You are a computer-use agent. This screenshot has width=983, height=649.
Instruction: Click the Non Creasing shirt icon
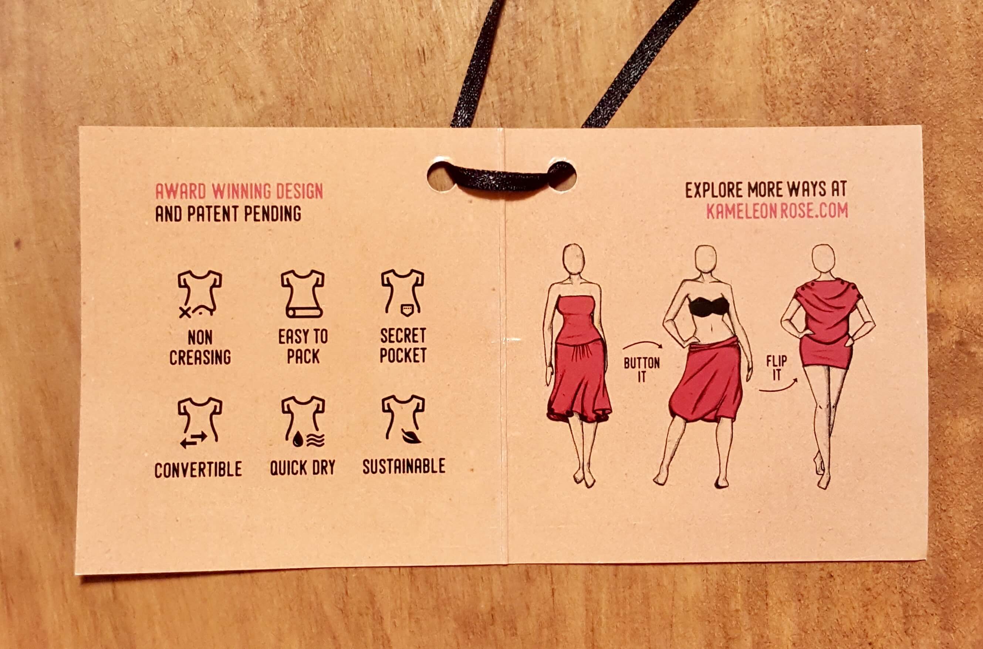(x=200, y=294)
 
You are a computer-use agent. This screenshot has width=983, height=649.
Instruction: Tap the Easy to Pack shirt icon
(x=303, y=294)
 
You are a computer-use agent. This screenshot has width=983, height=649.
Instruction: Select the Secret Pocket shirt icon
(x=403, y=293)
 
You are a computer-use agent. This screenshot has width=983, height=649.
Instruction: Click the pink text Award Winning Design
(x=239, y=191)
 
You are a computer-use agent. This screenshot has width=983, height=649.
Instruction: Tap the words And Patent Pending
(x=228, y=214)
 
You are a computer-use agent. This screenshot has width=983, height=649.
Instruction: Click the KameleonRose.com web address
(x=777, y=211)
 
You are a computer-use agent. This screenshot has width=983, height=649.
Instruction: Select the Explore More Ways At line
(x=766, y=190)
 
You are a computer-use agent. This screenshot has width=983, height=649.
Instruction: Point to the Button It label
(x=642, y=369)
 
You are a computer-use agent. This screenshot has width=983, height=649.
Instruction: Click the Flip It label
(x=777, y=368)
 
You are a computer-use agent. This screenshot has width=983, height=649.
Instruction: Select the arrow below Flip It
(x=778, y=388)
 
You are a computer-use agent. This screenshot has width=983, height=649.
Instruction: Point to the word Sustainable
(x=404, y=466)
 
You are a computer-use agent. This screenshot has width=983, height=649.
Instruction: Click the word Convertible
(x=198, y=469)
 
